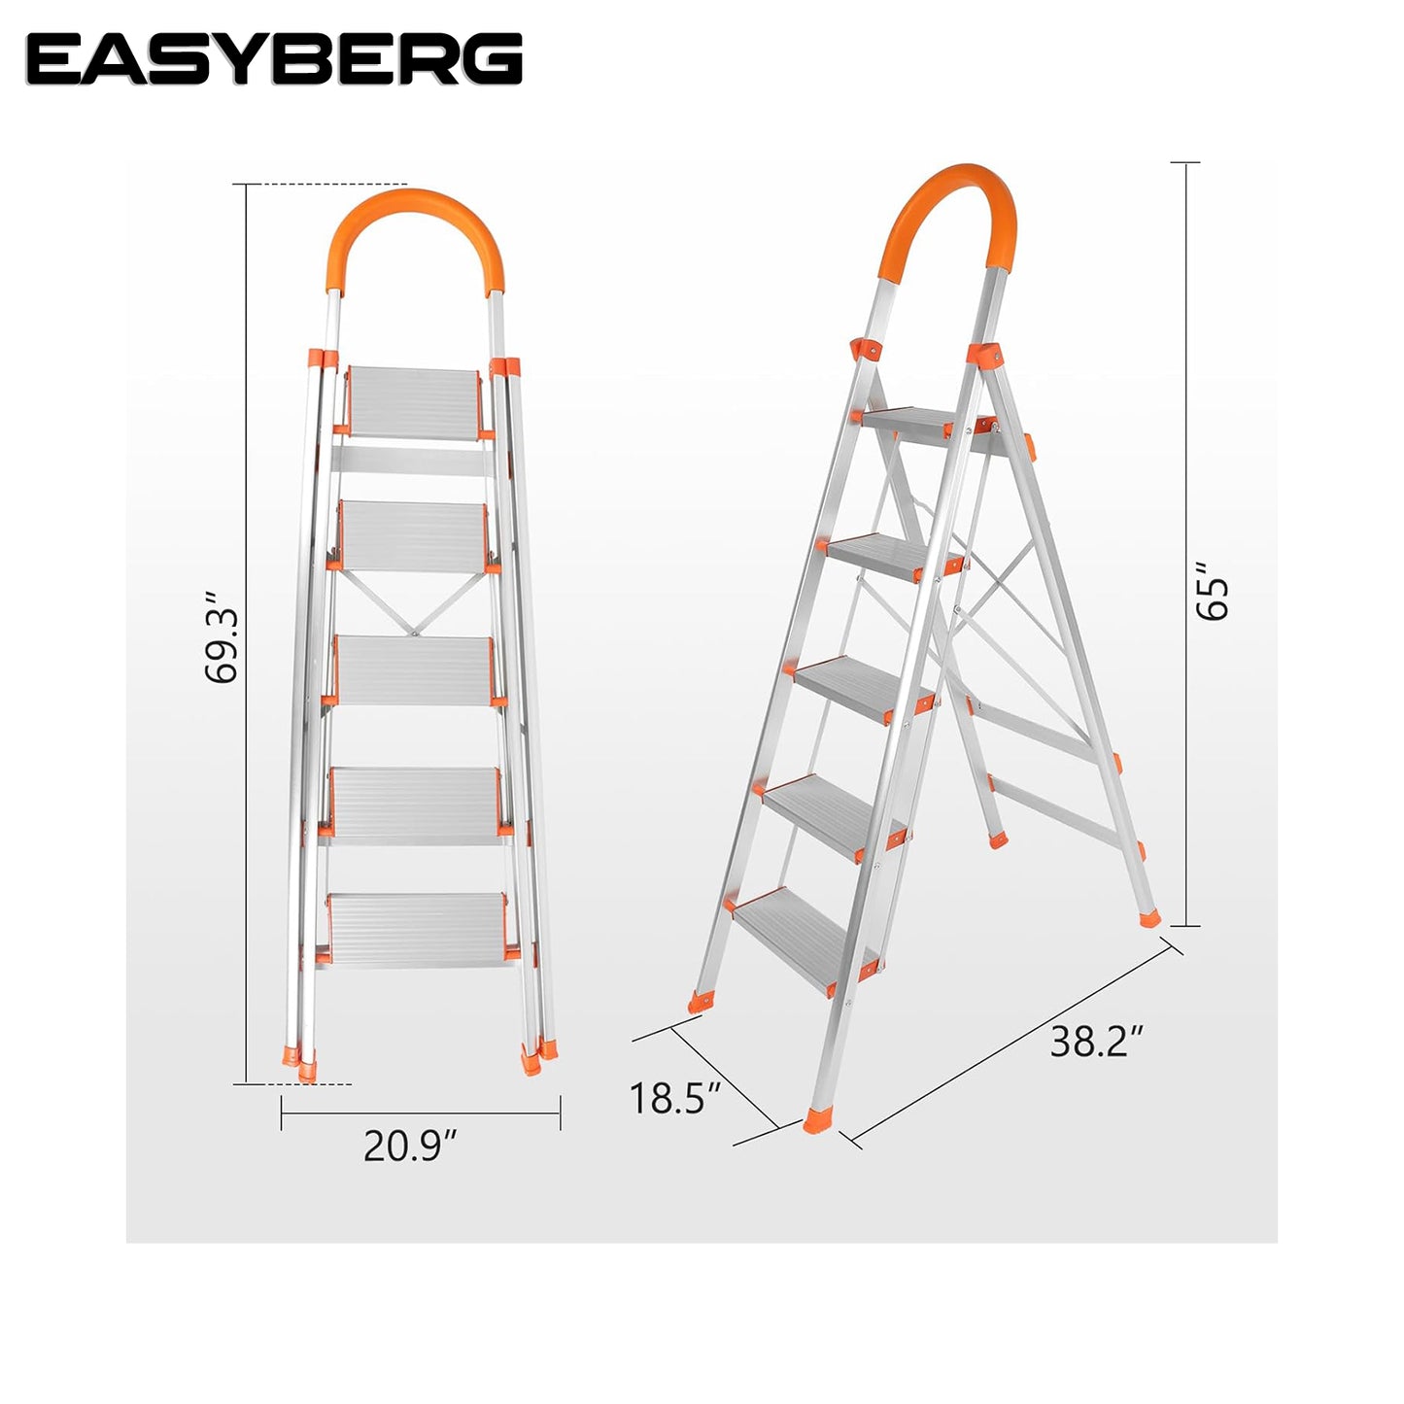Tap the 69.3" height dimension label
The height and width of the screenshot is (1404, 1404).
coord(221,637)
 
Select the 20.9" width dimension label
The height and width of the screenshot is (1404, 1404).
coord(410,1147)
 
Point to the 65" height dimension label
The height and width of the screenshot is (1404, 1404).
coord(1213,600)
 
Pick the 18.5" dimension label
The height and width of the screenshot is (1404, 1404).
coord(675,1098)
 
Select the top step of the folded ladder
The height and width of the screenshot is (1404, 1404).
coord(414,403)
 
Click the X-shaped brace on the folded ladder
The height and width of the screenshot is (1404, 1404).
coord(414,601)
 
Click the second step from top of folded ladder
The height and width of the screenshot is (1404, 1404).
coord(414,536)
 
